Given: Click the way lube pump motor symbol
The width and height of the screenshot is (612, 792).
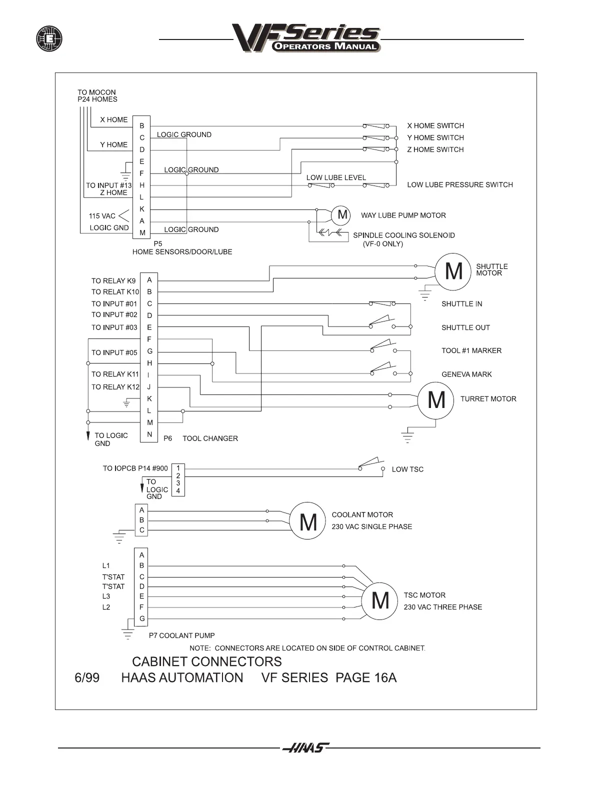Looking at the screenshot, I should pos(342,215).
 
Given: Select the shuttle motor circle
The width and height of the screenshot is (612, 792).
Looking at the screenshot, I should pos(453,271).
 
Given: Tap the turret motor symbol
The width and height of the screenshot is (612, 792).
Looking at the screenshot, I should pos(436,400).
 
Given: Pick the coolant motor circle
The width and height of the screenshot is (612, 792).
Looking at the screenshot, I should pos(308,521).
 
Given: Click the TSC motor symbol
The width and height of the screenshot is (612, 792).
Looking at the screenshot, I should pos(380,600).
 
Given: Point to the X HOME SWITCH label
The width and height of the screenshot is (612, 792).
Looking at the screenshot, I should pos(435,125).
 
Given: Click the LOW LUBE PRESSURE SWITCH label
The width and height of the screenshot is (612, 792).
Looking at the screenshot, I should pos(459,184).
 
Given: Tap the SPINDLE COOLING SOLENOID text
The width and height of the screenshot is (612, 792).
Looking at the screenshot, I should pos(403,235).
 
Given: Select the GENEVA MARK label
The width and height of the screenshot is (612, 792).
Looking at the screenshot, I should pos(466,374).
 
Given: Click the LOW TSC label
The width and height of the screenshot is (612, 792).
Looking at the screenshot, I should pos(407,469).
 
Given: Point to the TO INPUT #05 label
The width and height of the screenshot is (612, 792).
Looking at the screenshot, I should pos(114,352).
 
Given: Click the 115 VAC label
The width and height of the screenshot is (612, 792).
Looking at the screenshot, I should pos(102,216).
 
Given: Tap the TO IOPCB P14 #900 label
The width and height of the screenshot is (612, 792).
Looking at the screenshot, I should pos(135,468).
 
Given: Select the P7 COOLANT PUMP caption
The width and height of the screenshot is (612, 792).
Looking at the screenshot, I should pos(181,635).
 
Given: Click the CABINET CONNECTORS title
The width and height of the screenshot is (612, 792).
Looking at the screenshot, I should pos(206,661).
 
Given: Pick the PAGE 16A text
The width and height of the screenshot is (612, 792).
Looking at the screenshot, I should pos(366,677).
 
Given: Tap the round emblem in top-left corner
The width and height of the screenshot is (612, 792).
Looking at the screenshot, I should pos(49,38).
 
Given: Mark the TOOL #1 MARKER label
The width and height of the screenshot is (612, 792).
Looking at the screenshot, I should pos(471,350).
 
